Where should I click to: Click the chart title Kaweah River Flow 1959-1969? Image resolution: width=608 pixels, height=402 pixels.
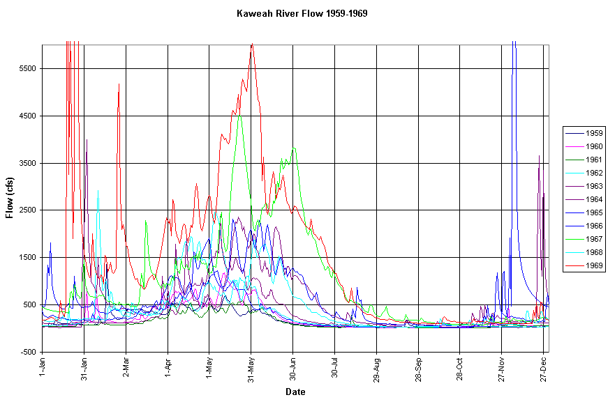302,13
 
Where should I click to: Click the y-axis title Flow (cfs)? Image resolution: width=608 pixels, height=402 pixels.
10,199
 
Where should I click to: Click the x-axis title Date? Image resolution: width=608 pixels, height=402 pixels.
295,392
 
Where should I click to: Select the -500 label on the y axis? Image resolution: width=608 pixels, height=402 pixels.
29,352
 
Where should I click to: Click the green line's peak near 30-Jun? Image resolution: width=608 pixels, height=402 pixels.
294,148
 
